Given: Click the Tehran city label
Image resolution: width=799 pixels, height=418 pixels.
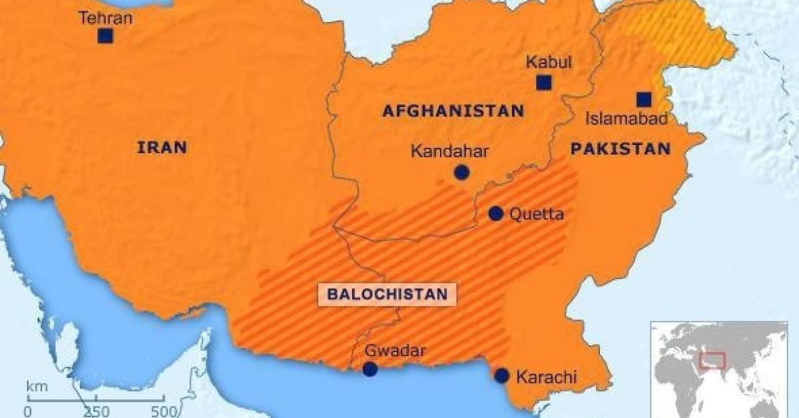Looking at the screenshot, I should [x=106, y=18].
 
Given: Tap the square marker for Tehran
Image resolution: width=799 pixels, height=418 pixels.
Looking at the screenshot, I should [x=105, y=36].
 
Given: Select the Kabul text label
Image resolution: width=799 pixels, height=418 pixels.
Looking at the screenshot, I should [x=549, y=63].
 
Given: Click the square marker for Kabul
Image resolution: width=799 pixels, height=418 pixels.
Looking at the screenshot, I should [x=544, y=83].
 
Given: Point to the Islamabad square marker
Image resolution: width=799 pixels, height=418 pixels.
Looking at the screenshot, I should [x=643, y=99].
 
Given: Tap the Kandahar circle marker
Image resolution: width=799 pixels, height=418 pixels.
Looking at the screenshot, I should [x=461, y=173].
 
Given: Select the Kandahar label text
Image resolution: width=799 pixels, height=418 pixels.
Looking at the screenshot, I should [x=449, y=151].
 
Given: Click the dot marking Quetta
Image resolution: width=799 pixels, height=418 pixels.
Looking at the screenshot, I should [x=495, y=214].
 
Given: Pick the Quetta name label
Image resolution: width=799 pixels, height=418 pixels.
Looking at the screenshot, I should [x=536, y=214].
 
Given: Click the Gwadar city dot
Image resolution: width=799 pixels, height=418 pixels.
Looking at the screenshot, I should [x=370, y=369].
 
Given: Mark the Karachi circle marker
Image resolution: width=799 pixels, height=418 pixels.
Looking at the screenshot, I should [x=501, y=375].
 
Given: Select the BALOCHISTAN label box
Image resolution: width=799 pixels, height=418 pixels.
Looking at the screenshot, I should [x=387, y=294].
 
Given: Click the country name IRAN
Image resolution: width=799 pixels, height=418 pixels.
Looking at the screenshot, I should [x=162, y=148].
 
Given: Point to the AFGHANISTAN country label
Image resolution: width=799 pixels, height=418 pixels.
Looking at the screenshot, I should [x=453, y=110].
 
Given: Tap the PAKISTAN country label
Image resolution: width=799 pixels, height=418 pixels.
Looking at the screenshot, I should [x=620, y=148].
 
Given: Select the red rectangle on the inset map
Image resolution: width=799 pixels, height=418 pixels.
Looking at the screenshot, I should [x=712, y=360].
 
